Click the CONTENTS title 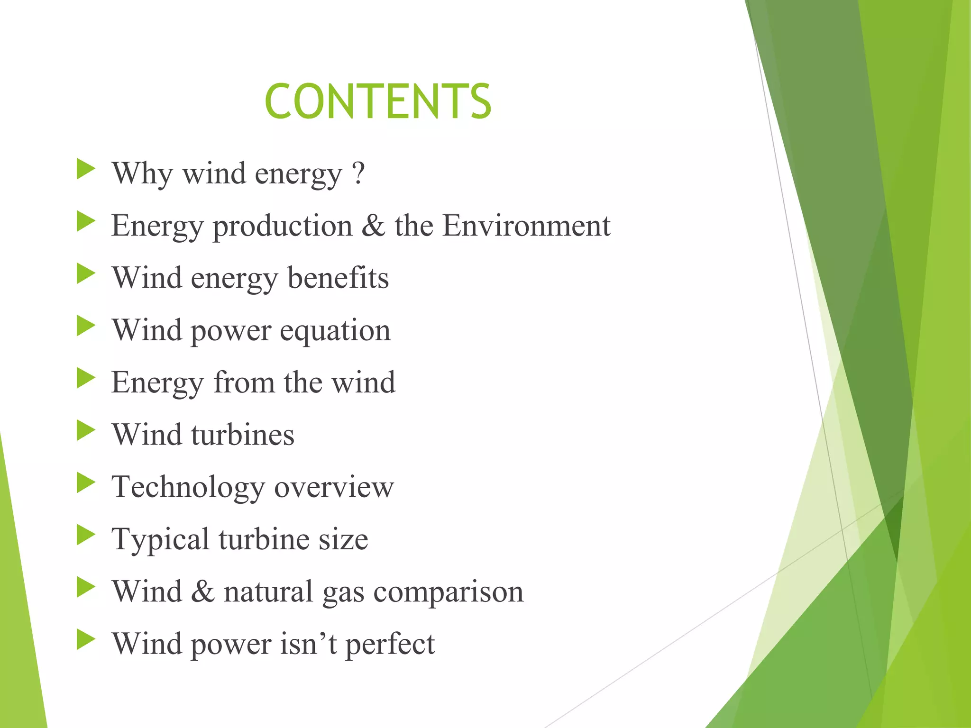[378, 101]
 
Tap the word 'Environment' [526, 226]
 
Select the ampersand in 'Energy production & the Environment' [374, 226]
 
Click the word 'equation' [335, 331]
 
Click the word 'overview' [334, 487]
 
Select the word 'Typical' [160, 540]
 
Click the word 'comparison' [448, 592]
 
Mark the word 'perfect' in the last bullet [390, 645]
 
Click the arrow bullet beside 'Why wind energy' [86, 169]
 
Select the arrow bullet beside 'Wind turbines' [86, 431]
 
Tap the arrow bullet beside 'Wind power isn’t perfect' [86, 640]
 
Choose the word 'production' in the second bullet [283, 227]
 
